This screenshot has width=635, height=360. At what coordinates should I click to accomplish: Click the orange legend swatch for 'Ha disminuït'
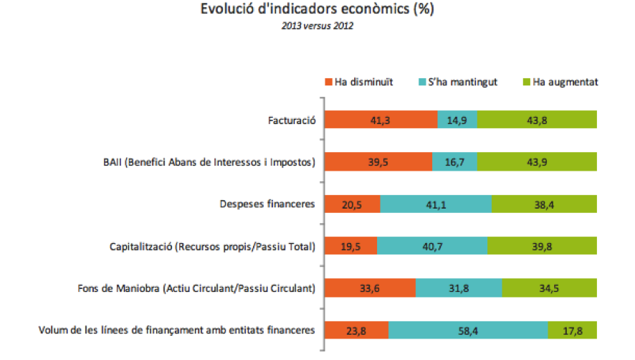click(x=329, y=82)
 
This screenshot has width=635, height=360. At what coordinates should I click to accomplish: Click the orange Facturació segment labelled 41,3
click(x=381, y=120)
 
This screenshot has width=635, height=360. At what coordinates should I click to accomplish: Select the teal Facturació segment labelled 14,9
click(x=457, y=120)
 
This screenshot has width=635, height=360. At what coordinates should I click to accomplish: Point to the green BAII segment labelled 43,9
click(x=537, y=162)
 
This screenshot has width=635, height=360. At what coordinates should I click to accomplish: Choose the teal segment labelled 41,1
click(x=436, y=204)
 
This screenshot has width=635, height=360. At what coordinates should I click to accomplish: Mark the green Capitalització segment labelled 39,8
click(x=542, y=247)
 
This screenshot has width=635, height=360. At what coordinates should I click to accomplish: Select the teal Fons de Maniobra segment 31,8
click(x=459, y=289)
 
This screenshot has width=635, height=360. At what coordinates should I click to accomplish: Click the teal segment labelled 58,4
click(x=469, y=331)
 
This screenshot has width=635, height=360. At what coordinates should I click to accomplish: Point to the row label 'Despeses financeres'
click(x=267, y=204)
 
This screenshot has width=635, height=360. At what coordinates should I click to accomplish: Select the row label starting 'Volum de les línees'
click(x=176, y=331)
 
